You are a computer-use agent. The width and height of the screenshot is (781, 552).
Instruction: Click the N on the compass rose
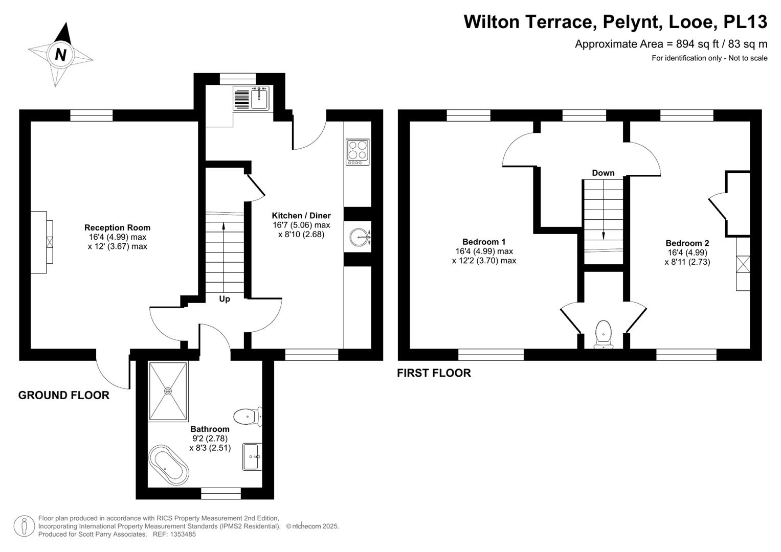(61, 55)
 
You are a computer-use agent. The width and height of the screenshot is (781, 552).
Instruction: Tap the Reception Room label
(118, 227)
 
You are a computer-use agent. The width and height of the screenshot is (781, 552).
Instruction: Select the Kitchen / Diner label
(301, 215)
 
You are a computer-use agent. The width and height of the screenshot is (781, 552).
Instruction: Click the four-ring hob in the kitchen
(358, 152)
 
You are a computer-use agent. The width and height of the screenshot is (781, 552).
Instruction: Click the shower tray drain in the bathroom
(168, 392)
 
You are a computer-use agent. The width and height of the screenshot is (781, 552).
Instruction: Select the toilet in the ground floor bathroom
(248, 416)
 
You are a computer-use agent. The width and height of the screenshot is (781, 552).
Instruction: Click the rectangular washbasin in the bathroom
(252, 456)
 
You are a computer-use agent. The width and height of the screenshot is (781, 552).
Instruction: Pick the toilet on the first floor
(604, 335)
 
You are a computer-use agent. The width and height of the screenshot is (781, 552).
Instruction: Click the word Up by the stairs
(225, 298)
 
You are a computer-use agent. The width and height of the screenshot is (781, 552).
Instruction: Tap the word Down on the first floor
(603, 173)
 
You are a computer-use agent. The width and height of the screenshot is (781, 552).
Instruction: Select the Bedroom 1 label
(484, 241)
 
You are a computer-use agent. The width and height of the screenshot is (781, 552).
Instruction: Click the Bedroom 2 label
(687, 243)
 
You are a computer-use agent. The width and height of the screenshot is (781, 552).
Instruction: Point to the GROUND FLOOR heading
(64, 395)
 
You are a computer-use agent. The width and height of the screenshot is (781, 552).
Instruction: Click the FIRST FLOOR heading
(434, 373)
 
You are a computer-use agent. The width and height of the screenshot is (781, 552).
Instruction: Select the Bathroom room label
(210, 429)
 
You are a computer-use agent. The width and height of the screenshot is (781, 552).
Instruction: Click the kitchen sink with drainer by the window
(251, 98)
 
